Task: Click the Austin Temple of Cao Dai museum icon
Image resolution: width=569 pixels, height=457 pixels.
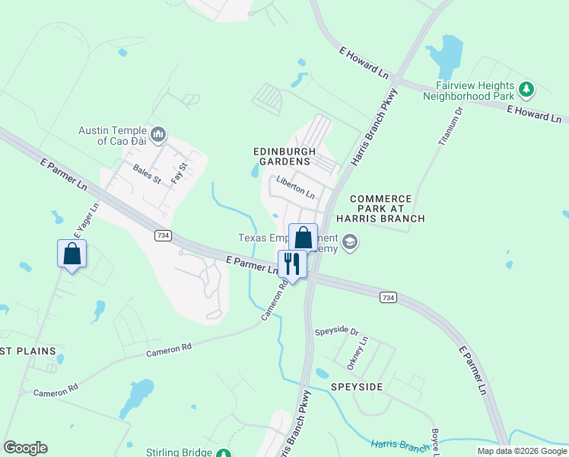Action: click(x=158, y=135)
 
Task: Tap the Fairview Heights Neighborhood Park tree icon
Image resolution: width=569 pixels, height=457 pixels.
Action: click(x=526, y=90)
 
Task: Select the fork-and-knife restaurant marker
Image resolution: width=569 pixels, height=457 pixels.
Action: click(x=292, y=264)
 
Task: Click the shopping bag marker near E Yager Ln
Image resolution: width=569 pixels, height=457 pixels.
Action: click(x=72, y=254)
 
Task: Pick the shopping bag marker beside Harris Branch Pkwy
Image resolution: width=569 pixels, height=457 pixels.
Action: click(x=303, y=238)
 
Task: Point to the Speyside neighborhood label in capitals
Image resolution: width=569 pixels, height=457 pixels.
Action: click(x=357, y=387)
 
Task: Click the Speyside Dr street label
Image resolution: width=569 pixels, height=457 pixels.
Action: click(x=336, y=332)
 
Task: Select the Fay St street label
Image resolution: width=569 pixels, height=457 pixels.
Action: click(x=179, y=171)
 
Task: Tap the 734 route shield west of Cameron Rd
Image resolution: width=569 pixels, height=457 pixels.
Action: click(x=161, y=235)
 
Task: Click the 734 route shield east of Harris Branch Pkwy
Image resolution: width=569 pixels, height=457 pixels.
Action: click(x=387, y=296)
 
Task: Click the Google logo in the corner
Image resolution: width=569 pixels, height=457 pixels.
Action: click(x=25, y=448)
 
